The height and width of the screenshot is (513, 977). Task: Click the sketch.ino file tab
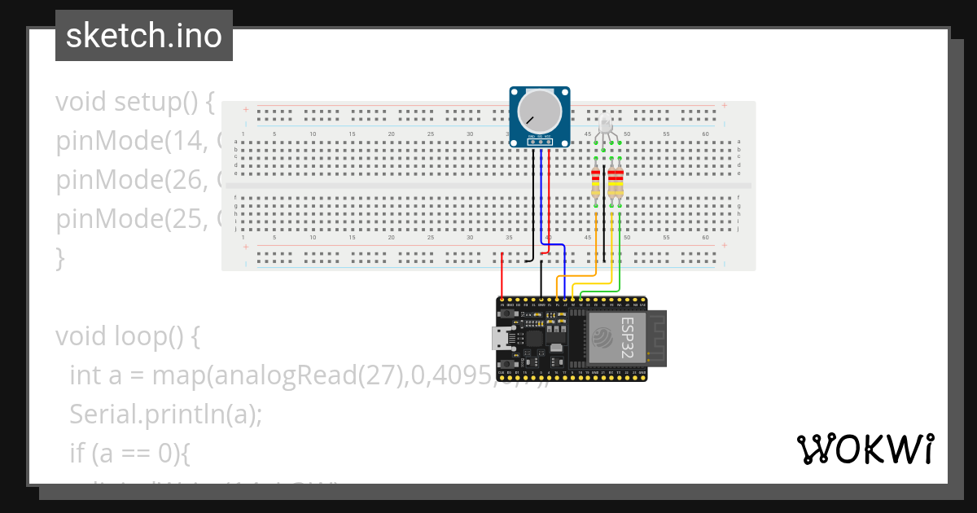[143, 36]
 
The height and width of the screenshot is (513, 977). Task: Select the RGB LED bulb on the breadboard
[605, 125]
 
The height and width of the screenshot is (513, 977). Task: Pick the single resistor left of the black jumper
[596, 182]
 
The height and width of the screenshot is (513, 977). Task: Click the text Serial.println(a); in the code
[165, 414]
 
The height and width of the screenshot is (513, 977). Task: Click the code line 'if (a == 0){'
[129, 453]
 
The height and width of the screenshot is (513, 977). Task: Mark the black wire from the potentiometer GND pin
[535, 204]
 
